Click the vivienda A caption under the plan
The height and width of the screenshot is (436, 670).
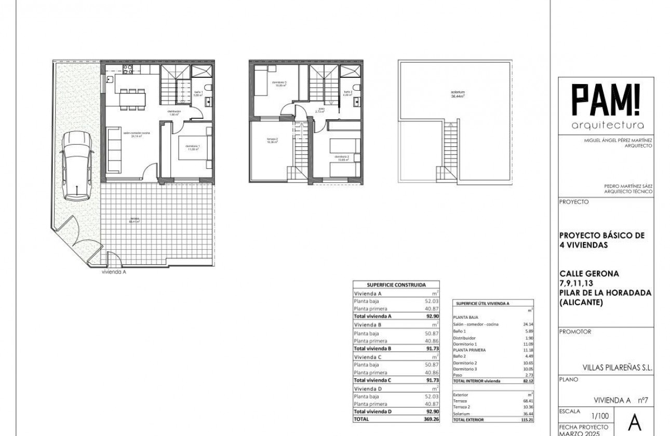(114, 271)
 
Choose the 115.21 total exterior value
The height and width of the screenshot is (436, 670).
(527, 420)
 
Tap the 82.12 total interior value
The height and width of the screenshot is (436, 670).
(528, 380)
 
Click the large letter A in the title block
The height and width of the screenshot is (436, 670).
(635, 423)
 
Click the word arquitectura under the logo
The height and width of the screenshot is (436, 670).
(607, 126)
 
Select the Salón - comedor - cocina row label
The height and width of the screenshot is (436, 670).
(476, 324)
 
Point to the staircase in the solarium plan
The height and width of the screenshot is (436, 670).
(450, 151)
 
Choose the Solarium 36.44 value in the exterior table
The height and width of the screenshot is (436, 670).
(527, 414)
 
